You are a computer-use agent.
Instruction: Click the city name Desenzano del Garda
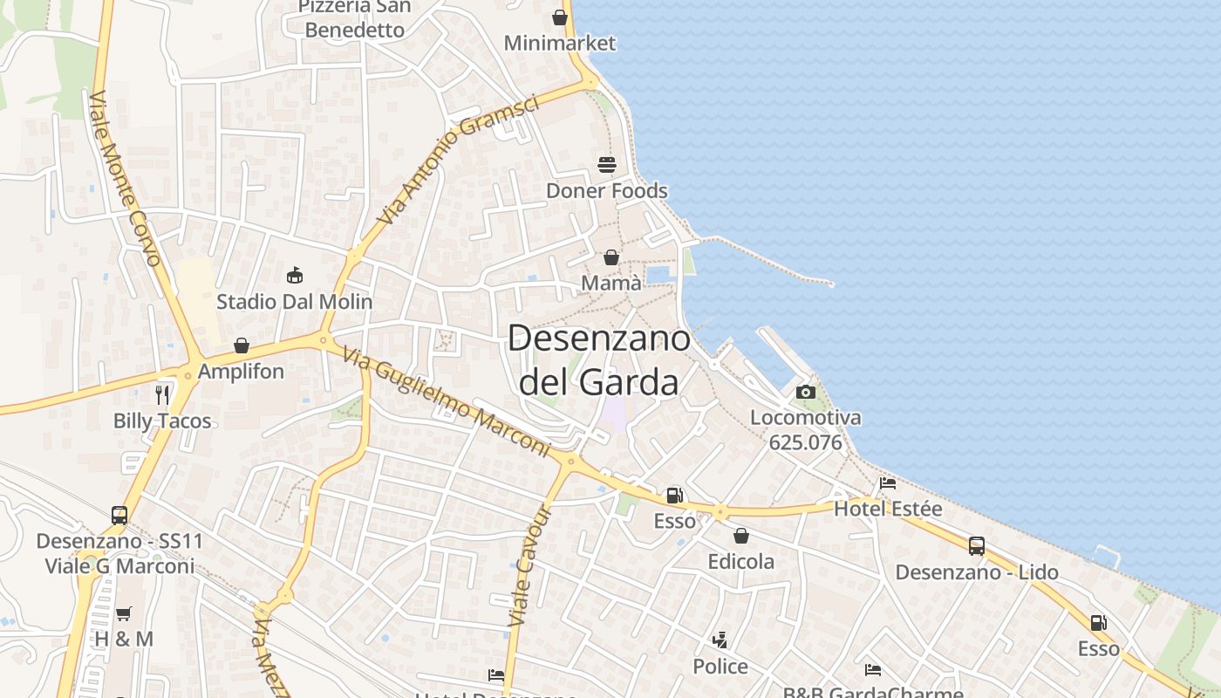click(598, 359)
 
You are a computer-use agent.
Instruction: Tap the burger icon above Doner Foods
click(607, 164)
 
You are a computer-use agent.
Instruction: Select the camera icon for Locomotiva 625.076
click(806, 392)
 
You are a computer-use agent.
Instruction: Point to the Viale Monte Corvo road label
click(126, 178)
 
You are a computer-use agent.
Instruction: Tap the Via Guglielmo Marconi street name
click(447, 401)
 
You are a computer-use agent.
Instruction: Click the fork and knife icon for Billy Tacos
click(162, 394)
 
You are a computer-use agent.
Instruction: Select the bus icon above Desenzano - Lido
click(977, 546)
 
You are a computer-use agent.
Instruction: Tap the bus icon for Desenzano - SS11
click(119, 515)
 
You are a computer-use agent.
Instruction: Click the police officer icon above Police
click(720, 640)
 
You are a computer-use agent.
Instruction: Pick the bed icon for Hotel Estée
click(888, 482)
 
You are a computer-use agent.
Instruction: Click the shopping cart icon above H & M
click(124, 613)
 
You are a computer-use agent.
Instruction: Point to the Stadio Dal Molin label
click(294, 302)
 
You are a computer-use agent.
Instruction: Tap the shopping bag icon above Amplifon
click(242, 346)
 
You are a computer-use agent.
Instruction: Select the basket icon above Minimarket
click(560, 17)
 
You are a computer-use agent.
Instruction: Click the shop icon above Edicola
click(741, 536)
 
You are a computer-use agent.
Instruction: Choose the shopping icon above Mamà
click(611, 257)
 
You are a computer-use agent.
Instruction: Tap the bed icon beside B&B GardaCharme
click(873, 669)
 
